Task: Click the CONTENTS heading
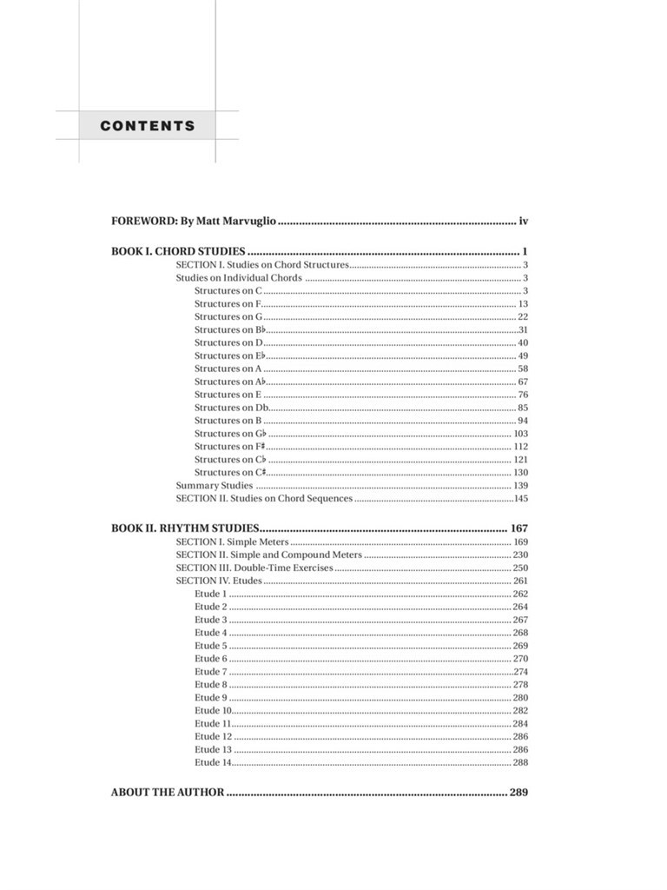pyautogui.click(x=148, y=126)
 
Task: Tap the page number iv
pyautogui.click(x=524, y=222)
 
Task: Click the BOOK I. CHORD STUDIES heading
pyautogui.click(x=178, y=251)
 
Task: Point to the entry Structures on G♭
pyautogui.click(x=229, y=434)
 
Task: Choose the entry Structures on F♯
pyautogui.click(x=229, y=447)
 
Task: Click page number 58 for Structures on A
pyautogui.click(x=523, y=369)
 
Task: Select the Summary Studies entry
pyautogui.click(x=215, y=486)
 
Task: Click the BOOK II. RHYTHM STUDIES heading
pyautogui.click(x=185, y=528)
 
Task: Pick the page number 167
pyautogui.click(x=519, y=528)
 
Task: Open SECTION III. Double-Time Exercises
pyautogui.click(x=254, y=568)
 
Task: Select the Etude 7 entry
pyautogui.click(x=211, y=672)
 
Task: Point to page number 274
pyautogui.click(x=521, y=672)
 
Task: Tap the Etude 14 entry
pyautogui.click(x=214, y=763)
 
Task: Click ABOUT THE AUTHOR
pyautogui.click(x=168, y=793)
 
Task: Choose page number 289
pyautogui.click(x=519, y=793)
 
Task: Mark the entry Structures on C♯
pyautogui.click(x=229, y=473)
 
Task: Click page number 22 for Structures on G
pyautogui.click(x=523, y=316)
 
